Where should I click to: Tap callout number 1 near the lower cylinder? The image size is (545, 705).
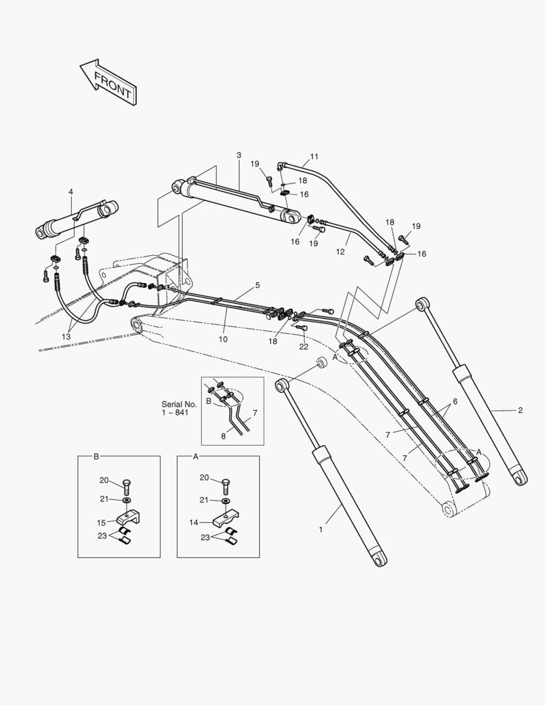pyautogui.click(x=320, y=529)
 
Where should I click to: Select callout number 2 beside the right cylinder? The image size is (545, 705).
pyautogui.click(x=520, y=411)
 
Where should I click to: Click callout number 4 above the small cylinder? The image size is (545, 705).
pyautogui.click(x=70, y=191)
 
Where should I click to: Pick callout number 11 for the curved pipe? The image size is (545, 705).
pyautogui.click(x=314, y=157)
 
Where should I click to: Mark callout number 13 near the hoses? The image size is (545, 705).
pyautogui.click(x=66, y=336)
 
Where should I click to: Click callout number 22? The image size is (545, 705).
pyautogui.click(x=304, y=347)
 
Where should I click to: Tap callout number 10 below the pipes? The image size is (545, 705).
pyautogui.click(x=223, y=339)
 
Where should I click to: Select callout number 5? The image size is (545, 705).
pyautogui.click(x=257, y=285)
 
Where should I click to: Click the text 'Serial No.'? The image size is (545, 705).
pyautogui.click(x=178, y=404)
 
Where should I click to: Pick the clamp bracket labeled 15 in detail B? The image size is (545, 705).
pyautogui.click(x=128, y=520)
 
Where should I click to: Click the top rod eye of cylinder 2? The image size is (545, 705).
pyautogui.click(x=423, y=304)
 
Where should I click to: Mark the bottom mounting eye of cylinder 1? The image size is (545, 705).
pyautogui.click(x=381, y=559)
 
